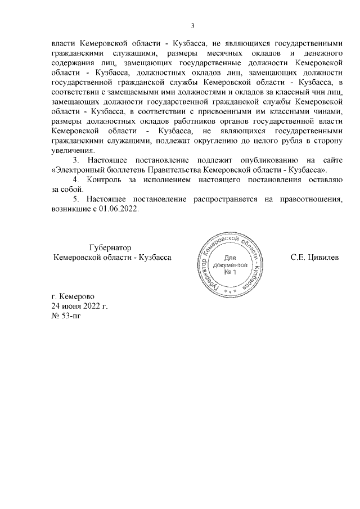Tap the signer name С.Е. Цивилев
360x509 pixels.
pos(314,257)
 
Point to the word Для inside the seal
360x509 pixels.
pos(229,256)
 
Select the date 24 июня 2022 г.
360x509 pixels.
pos(79,306)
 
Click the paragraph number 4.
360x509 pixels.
pos(78,179)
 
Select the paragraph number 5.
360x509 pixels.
pos(78,199)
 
